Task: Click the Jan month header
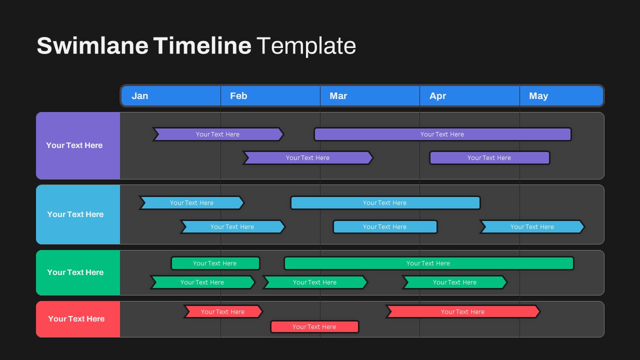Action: (x=139, y=95)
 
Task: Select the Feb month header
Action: (x=238, y=95)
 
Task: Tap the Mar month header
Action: (x=338, y=95)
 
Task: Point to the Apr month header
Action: (x=437, y=95)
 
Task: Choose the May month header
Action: (x=538, y=95)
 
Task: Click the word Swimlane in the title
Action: (x=92, y=45)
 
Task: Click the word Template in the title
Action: (x=306, y=45)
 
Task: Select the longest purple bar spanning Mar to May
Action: (x=442, y=134)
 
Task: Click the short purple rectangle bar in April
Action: (x=489, y=157)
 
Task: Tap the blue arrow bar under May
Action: (x=532, y=227)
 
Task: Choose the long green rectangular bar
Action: (x=429, y=263)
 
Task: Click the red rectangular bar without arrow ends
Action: (x=314, y=327)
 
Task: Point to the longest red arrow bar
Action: (x=463, y=311)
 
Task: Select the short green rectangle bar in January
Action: (x=215, y=263)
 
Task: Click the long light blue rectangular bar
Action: (x=385, y=203)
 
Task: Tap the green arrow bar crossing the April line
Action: (x=454, y=282)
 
